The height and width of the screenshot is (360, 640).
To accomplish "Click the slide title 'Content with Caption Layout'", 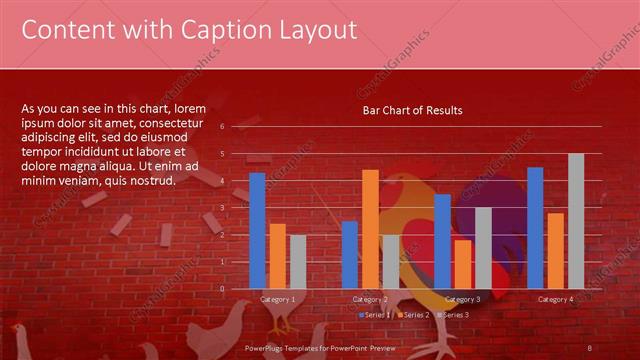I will [x=189, y=31].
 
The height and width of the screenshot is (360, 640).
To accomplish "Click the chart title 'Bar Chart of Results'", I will [x=412, y=110].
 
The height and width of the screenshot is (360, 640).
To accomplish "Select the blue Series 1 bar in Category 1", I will [x=257, y=230].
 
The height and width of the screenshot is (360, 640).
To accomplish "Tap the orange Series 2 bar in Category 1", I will [x=277, y=256].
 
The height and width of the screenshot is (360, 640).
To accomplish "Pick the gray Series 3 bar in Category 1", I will [x=297, y=261].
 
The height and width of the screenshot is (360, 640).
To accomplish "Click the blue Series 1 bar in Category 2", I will [x=349, y=254].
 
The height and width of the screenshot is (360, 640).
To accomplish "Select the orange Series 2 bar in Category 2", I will [x=370, y=229].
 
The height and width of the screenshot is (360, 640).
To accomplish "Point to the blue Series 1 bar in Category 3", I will [x=442, y=241].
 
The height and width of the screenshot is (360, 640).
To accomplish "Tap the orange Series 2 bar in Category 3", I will [x=462, y=264].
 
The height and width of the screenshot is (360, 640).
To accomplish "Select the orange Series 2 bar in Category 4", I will [x=555, y=250].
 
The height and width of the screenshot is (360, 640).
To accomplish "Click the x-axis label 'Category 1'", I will [x=277, y=299].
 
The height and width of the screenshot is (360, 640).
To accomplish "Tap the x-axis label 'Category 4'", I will [x=555, y=299].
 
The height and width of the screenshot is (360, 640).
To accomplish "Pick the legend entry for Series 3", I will [x=452, y=314].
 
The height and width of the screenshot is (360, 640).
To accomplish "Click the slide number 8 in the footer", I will [x=590, y=347].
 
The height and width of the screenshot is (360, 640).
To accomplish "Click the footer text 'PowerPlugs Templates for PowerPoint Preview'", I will [x=321, y=347].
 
